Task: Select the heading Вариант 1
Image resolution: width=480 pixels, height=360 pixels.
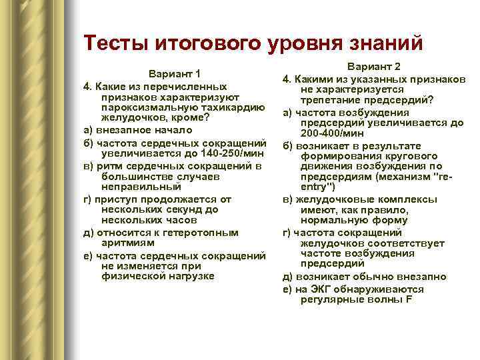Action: point(176,73)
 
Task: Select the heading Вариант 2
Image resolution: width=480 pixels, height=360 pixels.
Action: point(375,67)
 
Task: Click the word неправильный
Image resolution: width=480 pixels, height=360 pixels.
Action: point(137,187)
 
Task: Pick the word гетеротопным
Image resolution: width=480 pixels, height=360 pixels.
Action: point(207,232)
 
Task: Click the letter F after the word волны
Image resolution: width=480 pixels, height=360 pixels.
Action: point(409,299)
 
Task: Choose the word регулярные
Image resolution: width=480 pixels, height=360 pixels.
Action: point(330,299)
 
